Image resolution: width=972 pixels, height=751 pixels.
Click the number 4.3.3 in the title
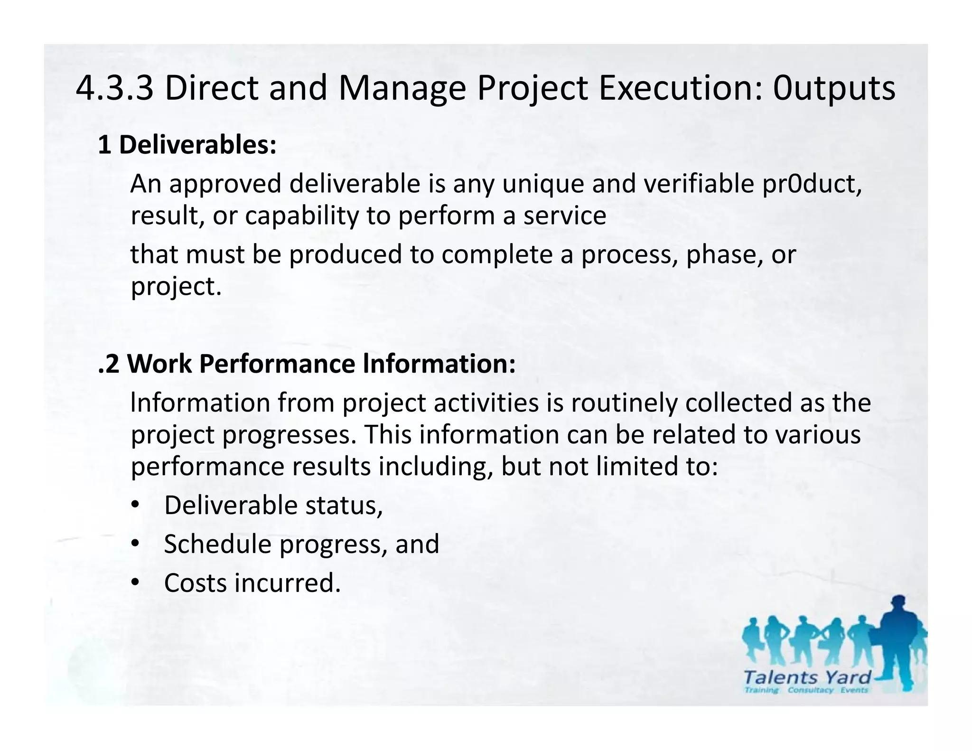point(114,88)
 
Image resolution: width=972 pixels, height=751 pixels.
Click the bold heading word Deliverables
point(197,145)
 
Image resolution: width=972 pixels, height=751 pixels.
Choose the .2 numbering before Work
point(109,364)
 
